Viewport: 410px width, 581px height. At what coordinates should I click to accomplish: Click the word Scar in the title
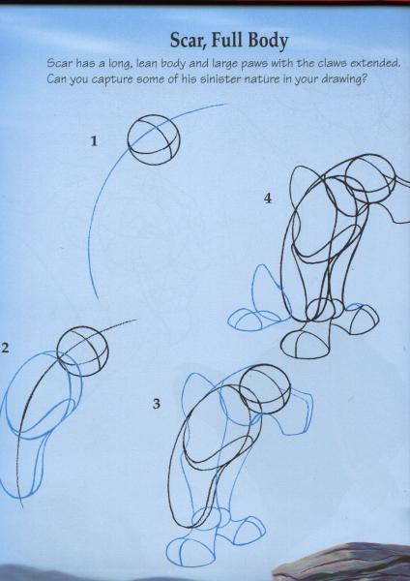click(188, 41)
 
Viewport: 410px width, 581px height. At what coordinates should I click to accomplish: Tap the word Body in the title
click(268, 41)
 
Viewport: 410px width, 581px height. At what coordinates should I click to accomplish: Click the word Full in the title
click(227, 40)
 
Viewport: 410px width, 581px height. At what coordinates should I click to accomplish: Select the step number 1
click(95, 140)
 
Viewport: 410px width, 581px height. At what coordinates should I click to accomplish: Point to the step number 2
click(4, 348)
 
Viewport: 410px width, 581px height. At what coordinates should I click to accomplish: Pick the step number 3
click(157, 404)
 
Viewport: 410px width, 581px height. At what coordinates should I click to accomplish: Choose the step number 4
click(268, 199)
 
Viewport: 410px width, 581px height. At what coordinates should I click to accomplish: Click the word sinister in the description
click(220, 79)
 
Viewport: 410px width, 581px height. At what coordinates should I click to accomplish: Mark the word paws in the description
click(254, 64)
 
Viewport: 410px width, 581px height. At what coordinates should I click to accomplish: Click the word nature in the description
click(262, 79)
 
